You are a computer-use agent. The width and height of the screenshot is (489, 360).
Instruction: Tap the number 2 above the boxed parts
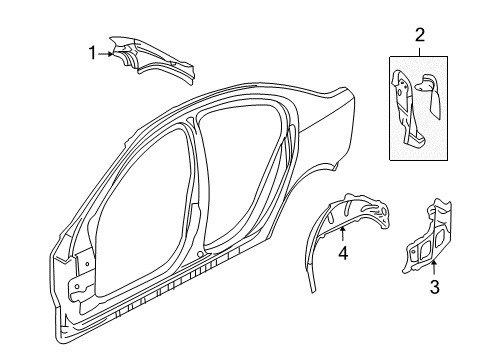pyautogui.click(x=420, y=35)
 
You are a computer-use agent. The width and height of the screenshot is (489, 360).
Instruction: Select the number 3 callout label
pyautogui.click(x=435, y=317)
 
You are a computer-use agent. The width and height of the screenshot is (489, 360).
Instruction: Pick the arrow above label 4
pyautogui.click(x=342, y=237)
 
